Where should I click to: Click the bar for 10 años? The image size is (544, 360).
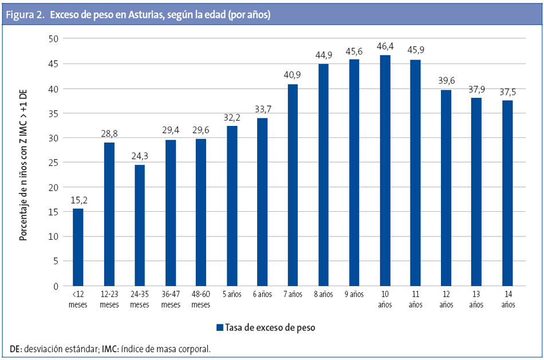[385, 171]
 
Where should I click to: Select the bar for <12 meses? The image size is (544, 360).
[78, 247]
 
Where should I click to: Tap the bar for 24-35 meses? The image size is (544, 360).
[139, 225]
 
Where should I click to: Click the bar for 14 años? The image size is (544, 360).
[507, 193]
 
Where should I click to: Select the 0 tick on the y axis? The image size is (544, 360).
[55, 286]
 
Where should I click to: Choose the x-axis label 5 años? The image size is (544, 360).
[231, 295]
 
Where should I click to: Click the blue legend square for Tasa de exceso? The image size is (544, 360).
[219, 328]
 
